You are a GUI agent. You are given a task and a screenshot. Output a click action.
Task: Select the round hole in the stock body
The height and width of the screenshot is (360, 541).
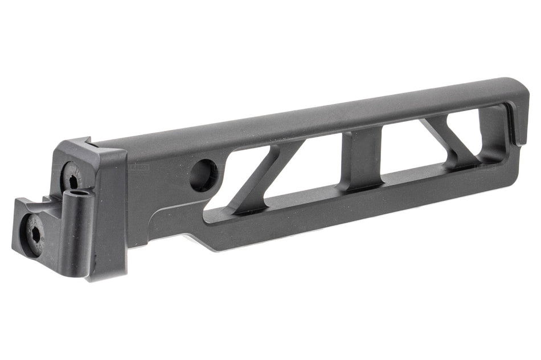point(203,174)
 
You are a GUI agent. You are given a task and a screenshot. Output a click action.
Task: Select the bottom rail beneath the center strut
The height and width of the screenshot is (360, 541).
point(364,197)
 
